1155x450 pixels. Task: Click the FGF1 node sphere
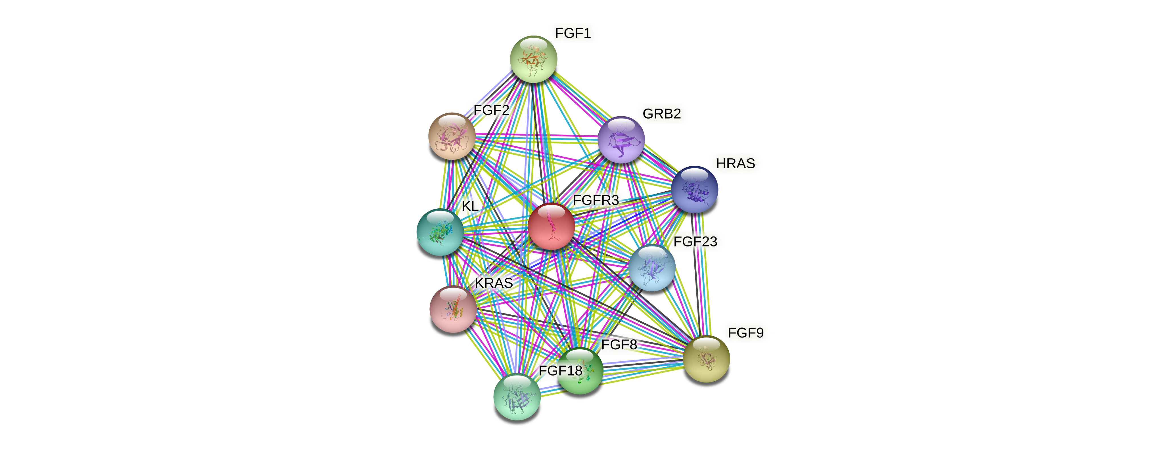(533, 59)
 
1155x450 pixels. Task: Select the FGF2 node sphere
(452, 136)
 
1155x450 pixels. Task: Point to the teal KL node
(440, 232)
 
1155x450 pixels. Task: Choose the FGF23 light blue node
(651, 267)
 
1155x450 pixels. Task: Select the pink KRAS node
(453, 309)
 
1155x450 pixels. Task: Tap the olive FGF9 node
(706, 359)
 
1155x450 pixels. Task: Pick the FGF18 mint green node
(517, 397)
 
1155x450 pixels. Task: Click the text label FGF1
(573, 33)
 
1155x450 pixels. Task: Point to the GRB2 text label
(661, 114)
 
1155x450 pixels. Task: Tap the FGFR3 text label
(596, 200)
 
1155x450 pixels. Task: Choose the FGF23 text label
(695, 242)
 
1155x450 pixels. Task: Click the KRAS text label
(494, 283)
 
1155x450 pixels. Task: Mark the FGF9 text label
(745, 333)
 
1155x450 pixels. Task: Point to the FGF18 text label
(560, 371)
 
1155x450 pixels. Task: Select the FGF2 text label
(491, 110)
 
